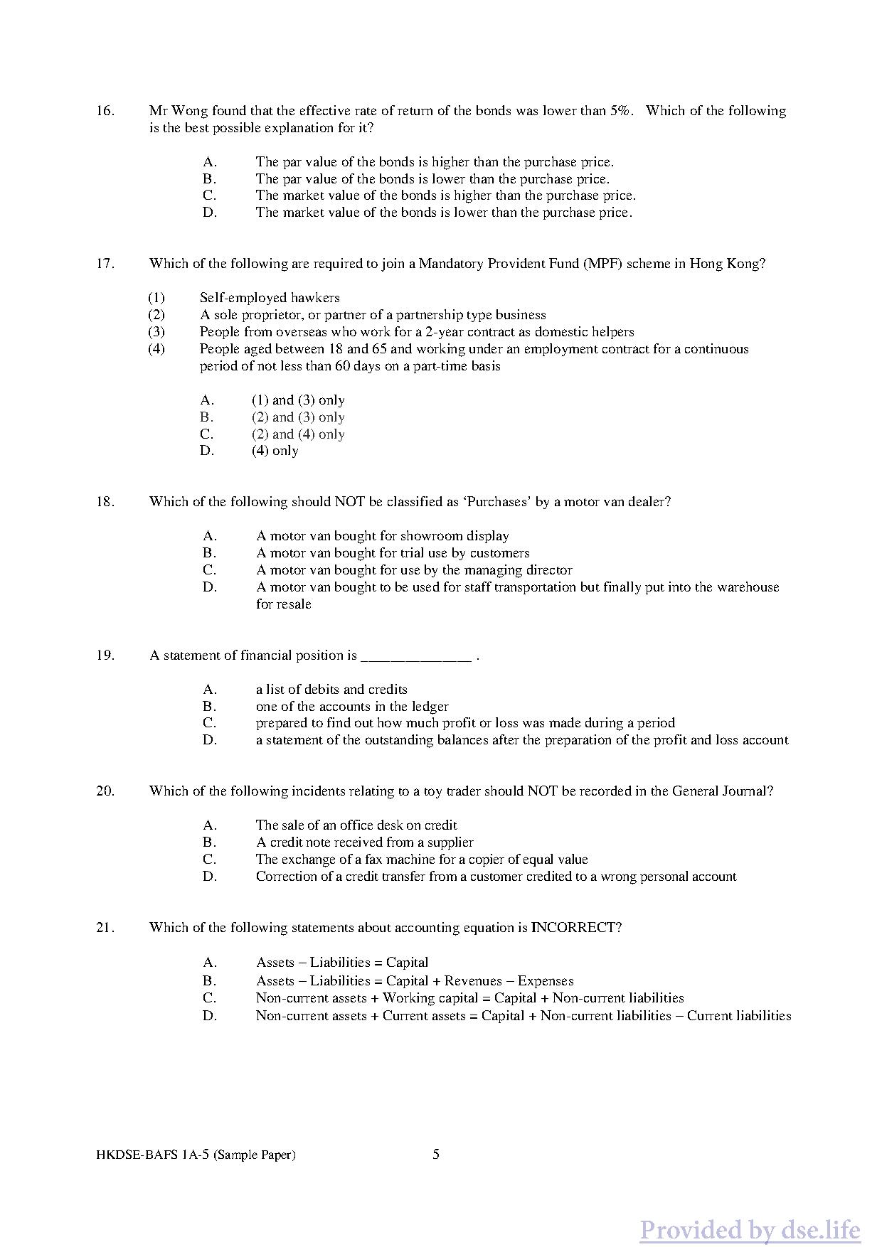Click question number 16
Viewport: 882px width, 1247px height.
coord(105,111)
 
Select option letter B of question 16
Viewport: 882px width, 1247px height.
coord(209,179)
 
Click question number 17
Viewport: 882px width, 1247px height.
coord(105,264)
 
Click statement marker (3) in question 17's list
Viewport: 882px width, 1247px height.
coord(156,332)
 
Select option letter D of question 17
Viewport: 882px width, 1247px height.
coord(207,451)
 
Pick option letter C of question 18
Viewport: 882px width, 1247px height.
coord(209,570)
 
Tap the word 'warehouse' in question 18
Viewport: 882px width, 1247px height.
coord(748,587)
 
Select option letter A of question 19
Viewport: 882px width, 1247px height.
coord(209,690)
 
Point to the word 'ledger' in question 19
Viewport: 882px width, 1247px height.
coord(430,707)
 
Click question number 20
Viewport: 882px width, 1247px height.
coord(105,791)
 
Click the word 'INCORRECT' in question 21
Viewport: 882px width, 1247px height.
coord(576,928)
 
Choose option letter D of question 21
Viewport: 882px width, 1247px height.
coord(209,1016)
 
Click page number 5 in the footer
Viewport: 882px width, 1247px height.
coord(436,1154)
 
